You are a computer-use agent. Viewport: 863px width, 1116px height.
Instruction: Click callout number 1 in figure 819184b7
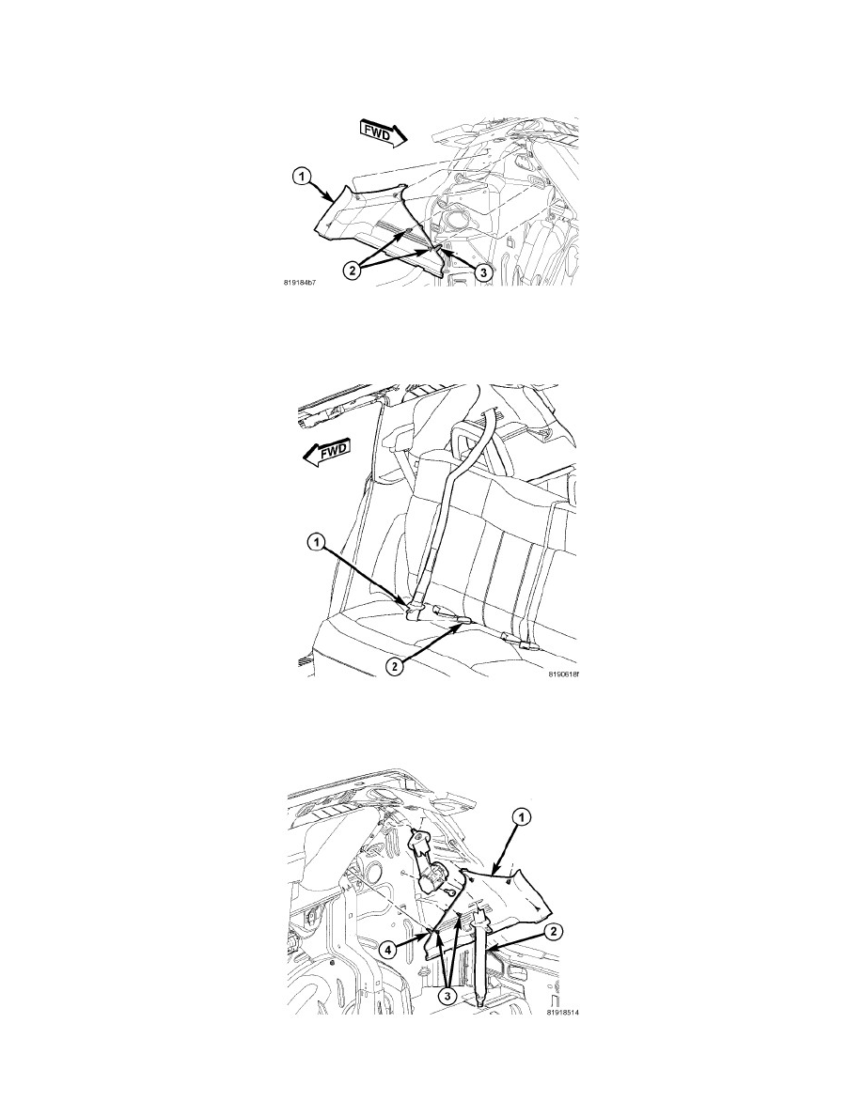[303, 175]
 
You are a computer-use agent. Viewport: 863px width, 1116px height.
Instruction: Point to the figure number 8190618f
[563, 674]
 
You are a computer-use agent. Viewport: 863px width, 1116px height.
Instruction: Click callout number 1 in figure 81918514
[522, 818]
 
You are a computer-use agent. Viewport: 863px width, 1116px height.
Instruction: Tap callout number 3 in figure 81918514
[447, 995]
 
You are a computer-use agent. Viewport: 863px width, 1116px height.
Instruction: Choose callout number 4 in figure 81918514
[387, 949]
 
